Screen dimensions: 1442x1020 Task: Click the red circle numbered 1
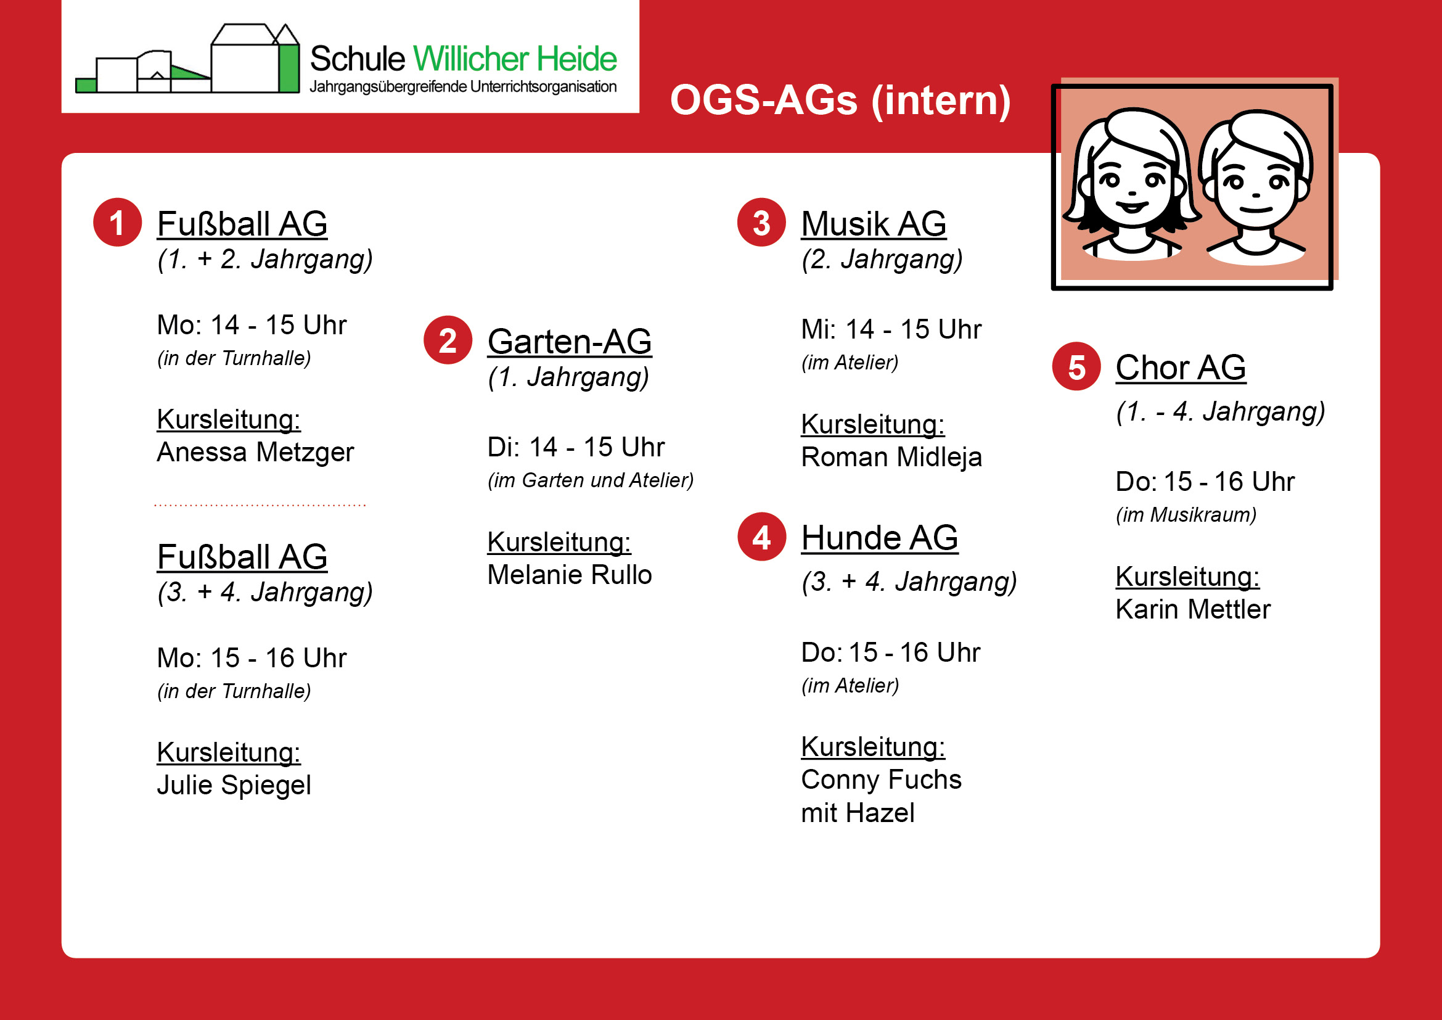point(118,223)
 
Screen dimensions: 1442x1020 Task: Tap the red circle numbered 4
point(761,537)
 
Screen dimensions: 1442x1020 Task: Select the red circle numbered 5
point(1076,366)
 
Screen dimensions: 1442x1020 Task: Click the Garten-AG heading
point(570,342)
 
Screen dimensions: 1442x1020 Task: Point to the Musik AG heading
point(874,224)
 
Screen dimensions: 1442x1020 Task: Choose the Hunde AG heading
point(879,538)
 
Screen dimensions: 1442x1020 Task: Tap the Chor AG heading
point(1181,368)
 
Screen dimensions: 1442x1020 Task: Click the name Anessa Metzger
point(255,452)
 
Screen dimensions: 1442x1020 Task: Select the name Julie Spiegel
point(234,785)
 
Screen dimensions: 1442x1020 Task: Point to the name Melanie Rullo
point(570,575)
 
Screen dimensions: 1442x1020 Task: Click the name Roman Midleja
point(891,457)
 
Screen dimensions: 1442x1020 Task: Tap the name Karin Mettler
point(1193,609)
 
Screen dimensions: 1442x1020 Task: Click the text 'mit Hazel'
point(858,813)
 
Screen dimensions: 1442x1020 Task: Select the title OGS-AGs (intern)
point(840,100)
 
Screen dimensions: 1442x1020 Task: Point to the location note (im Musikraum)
point(1186,515)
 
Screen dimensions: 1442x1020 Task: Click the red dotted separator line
point(260,505)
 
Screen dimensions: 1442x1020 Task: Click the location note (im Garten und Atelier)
point(591,480)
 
